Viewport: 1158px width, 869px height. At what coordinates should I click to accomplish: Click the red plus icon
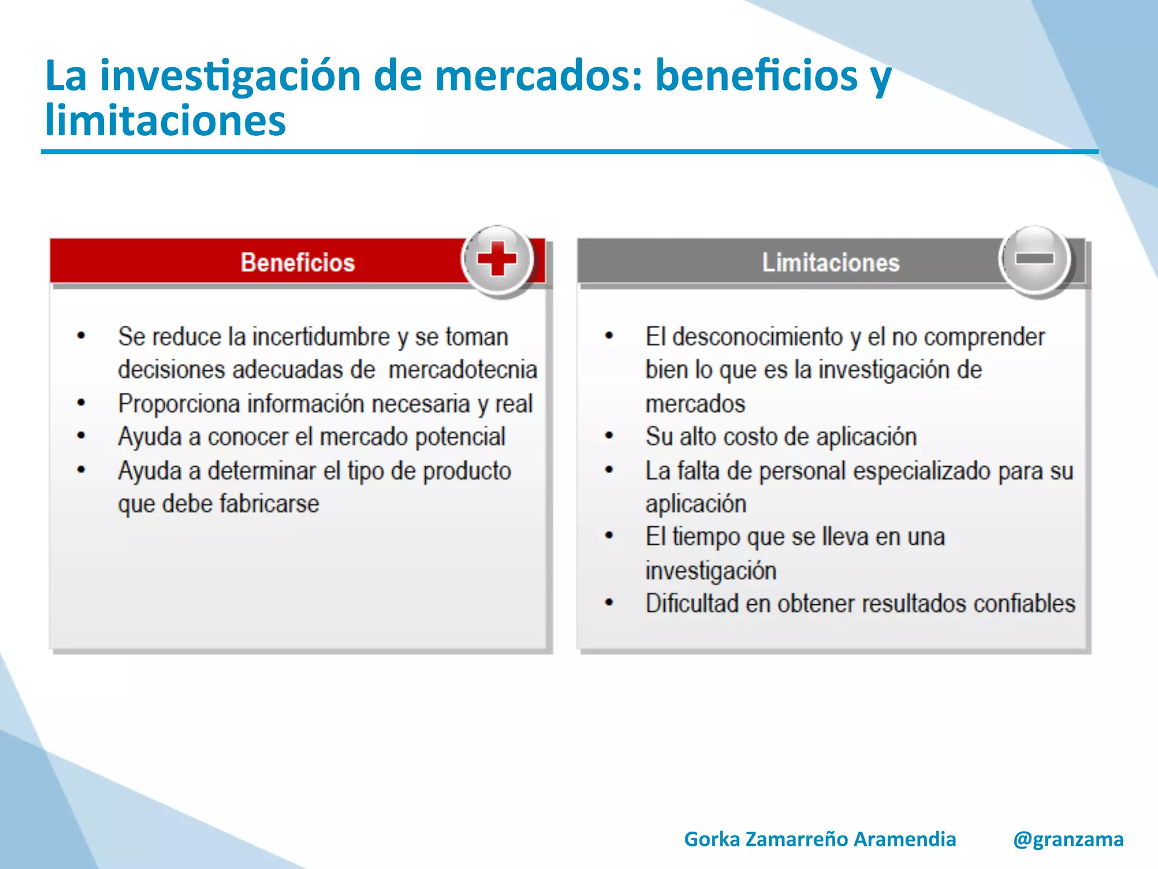(497, 259)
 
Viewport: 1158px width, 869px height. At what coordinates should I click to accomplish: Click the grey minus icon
(1034, 259)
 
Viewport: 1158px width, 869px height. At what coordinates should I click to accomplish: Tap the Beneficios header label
(297, 263)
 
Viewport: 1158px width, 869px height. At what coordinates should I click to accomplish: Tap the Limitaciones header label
(830, 263)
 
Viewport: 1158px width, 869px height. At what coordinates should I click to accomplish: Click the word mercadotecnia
(463, 370)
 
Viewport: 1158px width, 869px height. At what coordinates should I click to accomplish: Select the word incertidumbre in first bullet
(321, 337)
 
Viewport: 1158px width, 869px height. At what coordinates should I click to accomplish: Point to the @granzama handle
(1068, 839)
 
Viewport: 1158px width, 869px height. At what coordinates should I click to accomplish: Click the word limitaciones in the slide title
(165, 121)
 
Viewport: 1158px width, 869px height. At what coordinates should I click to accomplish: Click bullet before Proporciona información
(81, 403)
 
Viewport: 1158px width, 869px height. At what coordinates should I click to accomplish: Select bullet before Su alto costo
(609, 436)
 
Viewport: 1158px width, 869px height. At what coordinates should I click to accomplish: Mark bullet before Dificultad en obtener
(609, 603)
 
